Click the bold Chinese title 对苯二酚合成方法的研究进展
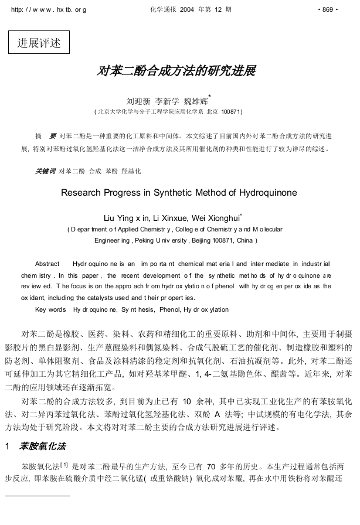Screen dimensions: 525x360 coord(176,71)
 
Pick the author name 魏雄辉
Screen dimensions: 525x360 coord(196,100)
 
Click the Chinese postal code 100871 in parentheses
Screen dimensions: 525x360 coord(230,111)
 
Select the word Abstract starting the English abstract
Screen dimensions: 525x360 coord(47,264)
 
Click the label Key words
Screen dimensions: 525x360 coord(50,309)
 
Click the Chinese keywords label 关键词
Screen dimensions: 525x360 coord(45,171)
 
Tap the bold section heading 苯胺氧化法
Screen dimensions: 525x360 coord(42,446)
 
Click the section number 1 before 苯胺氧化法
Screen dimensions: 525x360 coord(8,446)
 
